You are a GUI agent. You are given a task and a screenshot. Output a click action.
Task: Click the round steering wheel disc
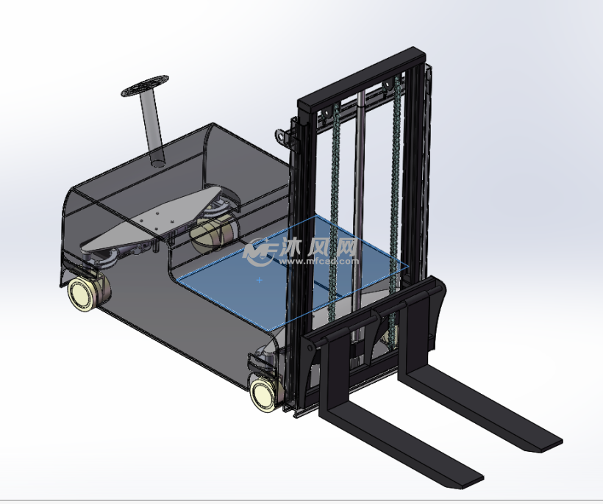point(145,86)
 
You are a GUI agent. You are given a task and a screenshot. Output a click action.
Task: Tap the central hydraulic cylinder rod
point(359,215)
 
